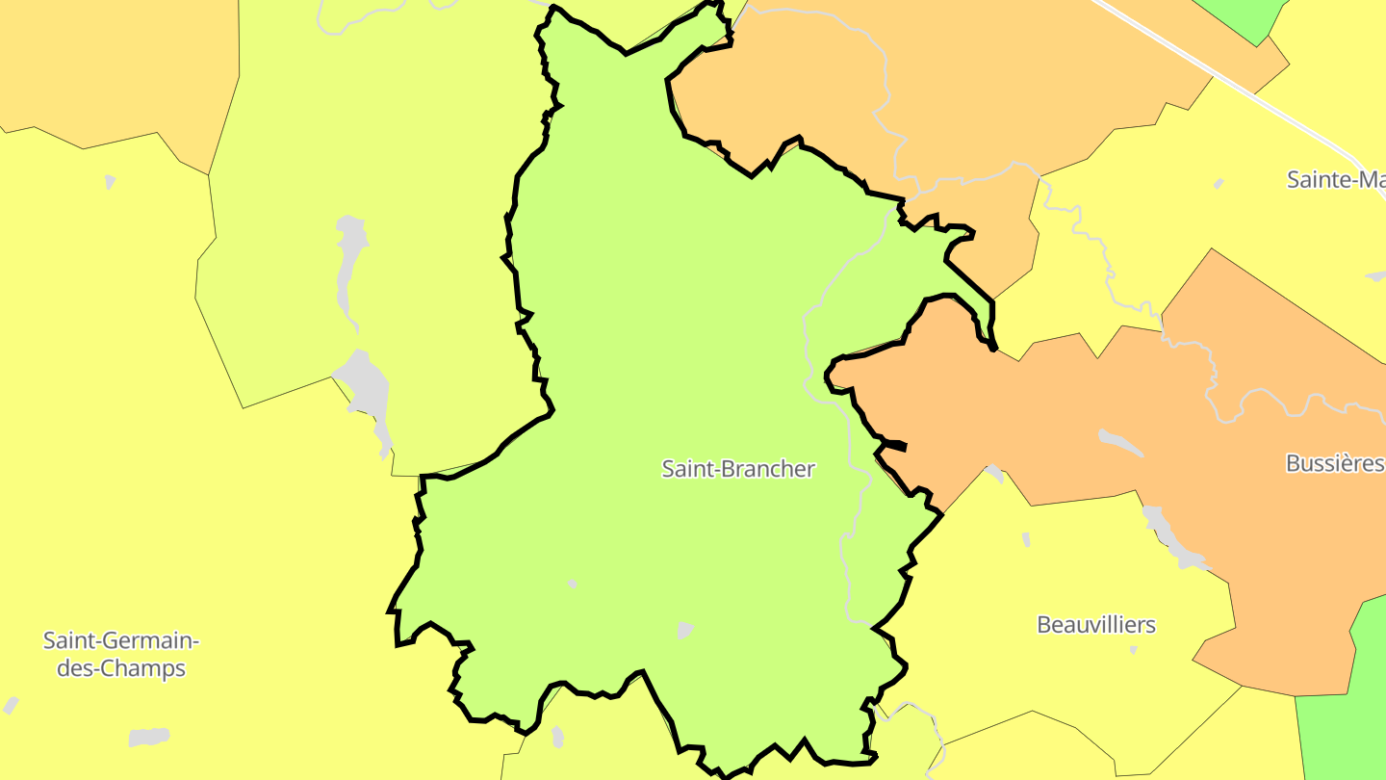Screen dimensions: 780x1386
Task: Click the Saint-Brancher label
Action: [738, 469]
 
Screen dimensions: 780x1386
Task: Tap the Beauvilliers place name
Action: [1095, 625]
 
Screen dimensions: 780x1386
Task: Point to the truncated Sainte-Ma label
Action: [1335, 179]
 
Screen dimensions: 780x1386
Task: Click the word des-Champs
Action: [120, 667]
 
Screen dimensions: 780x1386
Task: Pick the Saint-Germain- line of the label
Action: [120, 640]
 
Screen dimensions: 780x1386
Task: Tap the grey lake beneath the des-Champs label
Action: [148, 737]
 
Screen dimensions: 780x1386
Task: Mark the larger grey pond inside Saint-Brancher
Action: [684, 631]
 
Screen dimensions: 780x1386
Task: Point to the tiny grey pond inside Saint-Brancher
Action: [572, 585]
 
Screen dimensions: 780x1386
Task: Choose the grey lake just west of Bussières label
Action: [1120, 442]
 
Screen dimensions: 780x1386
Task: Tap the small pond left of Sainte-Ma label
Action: [1219, 184]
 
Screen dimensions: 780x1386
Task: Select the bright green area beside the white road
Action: [1251, 19]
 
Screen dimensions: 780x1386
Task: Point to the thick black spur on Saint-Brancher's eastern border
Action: [892, 445]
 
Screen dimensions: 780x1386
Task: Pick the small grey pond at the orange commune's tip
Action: [994, 473]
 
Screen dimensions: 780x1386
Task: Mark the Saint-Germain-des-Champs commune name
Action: [120, 654]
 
